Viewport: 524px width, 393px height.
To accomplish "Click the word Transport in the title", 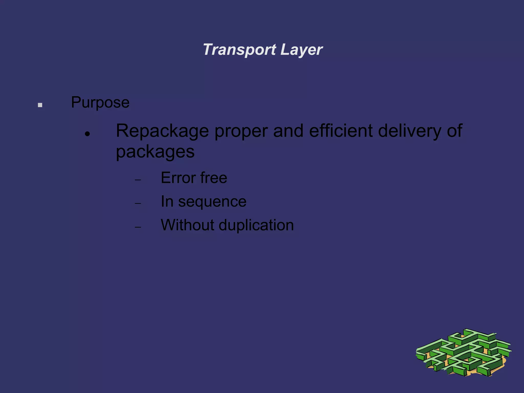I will pos(239,50).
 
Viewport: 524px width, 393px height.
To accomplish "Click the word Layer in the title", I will pos(301,50).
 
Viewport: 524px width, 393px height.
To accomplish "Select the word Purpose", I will pos(100,103).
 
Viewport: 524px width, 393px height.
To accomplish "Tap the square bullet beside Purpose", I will pos(40,105).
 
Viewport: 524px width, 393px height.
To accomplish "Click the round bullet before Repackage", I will pos(88,134).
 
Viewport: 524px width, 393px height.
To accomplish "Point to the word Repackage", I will pos(162,131).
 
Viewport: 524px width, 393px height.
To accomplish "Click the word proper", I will pos(241,131).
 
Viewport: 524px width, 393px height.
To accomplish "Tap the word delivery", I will pos(409,131).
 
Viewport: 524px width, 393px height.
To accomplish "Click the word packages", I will pos(155,152).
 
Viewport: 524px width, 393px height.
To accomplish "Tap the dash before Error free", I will pos(138,180).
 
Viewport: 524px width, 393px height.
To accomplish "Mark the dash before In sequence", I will pos(138,203).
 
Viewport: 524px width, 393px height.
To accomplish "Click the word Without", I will pos(187,225).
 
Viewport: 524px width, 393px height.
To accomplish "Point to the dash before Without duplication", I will pos(138,227).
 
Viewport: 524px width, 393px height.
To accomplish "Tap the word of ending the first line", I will pos(454,131).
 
